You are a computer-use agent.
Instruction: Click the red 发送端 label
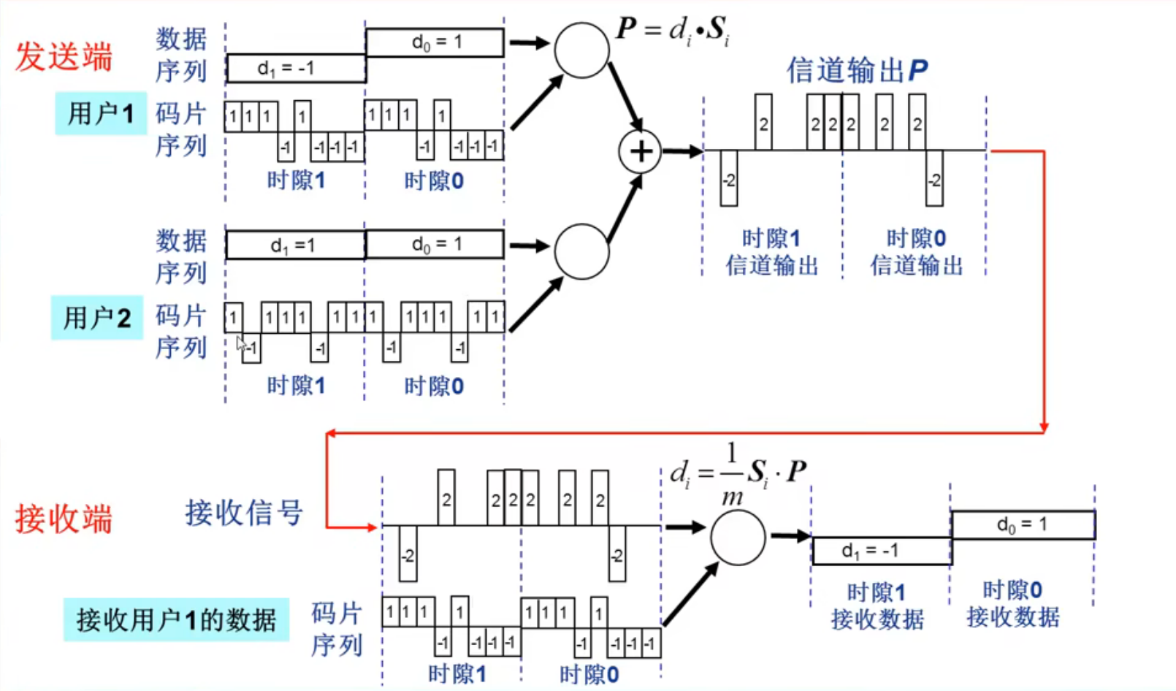tap(64, 57)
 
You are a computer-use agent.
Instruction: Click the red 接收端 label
tap(64, 519)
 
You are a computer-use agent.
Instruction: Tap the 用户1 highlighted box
tap(101, 113)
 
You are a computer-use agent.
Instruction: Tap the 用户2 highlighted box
tap(96, 318)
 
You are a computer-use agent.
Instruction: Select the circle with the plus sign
tap(640, 152)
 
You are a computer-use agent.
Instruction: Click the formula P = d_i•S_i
tap(673, 31)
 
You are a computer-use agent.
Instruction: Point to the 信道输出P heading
tap(856, 70)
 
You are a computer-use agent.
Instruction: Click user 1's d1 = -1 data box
tap(296, 68)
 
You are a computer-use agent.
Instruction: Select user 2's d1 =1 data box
tap(295, 245)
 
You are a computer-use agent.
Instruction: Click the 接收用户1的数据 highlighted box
tap(176, 620)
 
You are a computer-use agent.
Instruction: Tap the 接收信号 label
tap(243, 513)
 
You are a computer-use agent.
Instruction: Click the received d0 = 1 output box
tap(1023, 524)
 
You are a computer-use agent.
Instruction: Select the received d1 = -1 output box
tap(882, 551)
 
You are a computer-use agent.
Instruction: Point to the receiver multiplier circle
tap(738, 538)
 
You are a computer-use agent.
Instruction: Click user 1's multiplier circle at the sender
tap(581, 50)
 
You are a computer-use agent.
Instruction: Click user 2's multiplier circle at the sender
tap(581, 252)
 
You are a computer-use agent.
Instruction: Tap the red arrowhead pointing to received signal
tap(371, 526)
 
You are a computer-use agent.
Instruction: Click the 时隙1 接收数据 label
tap(877, 606)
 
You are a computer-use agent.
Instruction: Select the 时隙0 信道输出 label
tap(916, 252)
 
